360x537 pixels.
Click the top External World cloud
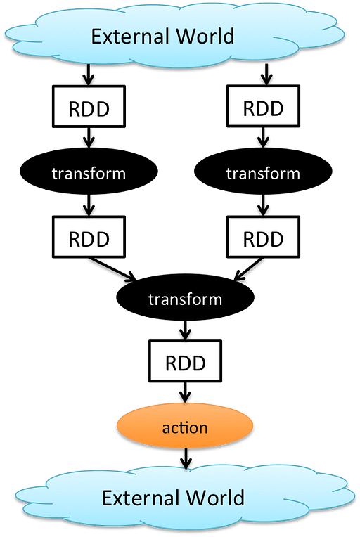click(174, 34)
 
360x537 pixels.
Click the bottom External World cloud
click(185, 498)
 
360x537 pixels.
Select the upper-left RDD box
click(89, 107)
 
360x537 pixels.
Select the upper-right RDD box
click(263, 107)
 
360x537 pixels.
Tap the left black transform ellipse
click(89, 172)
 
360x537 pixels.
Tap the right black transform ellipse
click(263, 172)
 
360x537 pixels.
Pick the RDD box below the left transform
click(89, 237)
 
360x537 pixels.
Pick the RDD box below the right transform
click(263, 237)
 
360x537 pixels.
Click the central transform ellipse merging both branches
click(186, 297)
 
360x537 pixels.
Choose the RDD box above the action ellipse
click(186, 361)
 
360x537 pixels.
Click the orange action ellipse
click(185, 426)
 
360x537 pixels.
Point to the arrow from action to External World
click(186, 458)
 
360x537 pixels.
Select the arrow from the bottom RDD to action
click(186, 392)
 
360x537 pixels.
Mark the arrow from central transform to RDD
click(186, 330)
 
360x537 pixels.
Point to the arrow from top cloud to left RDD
click(89, 75)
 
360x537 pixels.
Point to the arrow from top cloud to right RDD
click(266, 74)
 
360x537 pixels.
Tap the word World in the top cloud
click(205, 36)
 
